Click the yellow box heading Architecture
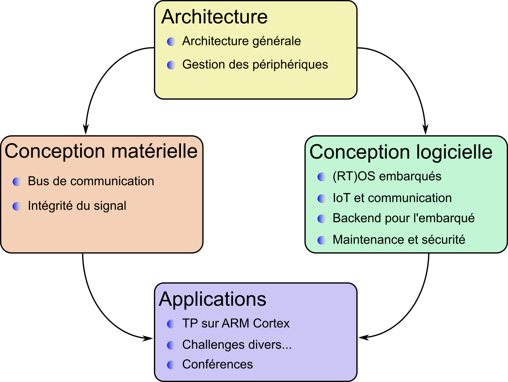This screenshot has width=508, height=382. (x=214, y=17)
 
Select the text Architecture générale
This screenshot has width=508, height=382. (x=241, y=41)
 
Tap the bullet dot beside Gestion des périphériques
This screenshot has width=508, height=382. (x=171, y=65)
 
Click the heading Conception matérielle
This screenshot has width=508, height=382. (x=101, y=151)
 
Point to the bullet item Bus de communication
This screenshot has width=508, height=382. (x=91, y=181)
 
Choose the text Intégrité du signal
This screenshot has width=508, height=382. (x=77, y=206)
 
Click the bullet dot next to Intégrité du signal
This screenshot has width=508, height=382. (x=17, y=206)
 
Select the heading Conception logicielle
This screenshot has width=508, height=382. (x=401, y=152)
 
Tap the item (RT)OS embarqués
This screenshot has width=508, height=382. (x=387, y=176)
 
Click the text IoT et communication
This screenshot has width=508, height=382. (x=392, y=198)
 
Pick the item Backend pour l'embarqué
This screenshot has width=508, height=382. (x=403, y=218)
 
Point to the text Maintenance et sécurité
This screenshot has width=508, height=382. (x=399, y=240)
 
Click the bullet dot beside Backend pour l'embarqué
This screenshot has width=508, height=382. (x=322, y=219)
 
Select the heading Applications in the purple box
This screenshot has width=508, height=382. (x=213, y=300)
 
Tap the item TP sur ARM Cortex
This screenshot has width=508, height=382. (x=236, y=323)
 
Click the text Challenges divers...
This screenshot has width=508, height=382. (x=237, y=345)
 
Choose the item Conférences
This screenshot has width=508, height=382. (x=217, y=364)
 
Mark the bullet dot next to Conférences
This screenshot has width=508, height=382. (x=171, y=365)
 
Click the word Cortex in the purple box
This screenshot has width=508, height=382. (x=271, y=323)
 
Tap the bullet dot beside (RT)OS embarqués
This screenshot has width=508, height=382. (x=322, y=177)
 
